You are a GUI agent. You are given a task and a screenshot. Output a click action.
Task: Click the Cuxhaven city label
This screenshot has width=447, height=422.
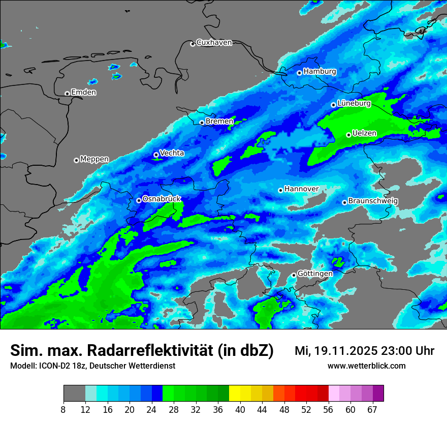click(214, 43)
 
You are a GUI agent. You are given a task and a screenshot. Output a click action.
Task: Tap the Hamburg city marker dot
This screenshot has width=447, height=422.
click(300, 73)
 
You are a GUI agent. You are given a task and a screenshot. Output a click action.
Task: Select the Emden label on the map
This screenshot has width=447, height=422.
click(83, 93)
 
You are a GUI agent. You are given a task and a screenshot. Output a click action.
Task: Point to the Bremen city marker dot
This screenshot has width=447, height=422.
click(202, 123)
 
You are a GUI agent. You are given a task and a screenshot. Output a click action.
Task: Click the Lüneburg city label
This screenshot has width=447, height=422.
click(354, 103)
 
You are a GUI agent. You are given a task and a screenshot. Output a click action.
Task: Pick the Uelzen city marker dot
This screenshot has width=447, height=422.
click(349, 135)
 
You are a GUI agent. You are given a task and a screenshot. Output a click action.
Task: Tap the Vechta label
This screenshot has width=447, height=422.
click(172, 153)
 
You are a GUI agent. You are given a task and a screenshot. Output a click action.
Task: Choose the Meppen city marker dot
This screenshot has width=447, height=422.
click(76, 160)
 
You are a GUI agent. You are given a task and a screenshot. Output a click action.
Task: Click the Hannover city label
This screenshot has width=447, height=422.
click(301, 189)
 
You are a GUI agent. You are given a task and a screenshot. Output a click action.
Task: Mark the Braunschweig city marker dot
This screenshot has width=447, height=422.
click(344, 202)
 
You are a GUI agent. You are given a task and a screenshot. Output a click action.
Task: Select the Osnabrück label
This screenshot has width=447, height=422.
click(162, 199)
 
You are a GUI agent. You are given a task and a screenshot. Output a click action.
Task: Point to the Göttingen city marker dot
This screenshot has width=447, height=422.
click(294, 275)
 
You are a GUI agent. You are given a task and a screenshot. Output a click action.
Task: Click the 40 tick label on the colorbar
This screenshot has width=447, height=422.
click(240, 410)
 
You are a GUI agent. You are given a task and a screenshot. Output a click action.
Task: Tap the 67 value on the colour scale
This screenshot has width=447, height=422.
click(372, 410)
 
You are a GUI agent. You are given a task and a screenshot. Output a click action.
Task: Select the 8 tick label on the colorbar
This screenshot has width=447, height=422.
click(63, 410)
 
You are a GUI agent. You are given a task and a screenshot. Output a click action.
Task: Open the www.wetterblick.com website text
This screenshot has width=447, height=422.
click(366, 366)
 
